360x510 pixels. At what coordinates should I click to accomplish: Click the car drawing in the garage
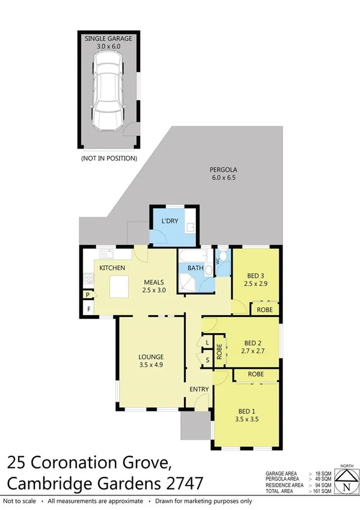108,96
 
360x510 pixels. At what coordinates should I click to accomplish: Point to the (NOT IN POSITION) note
109,159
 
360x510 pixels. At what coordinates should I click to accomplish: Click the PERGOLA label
221,169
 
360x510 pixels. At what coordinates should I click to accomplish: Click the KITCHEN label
112,267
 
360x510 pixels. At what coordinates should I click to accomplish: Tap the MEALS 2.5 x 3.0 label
154,286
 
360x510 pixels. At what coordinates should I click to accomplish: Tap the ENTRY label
198,389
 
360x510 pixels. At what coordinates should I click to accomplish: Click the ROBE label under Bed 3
264,310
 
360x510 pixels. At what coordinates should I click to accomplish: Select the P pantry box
88,295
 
